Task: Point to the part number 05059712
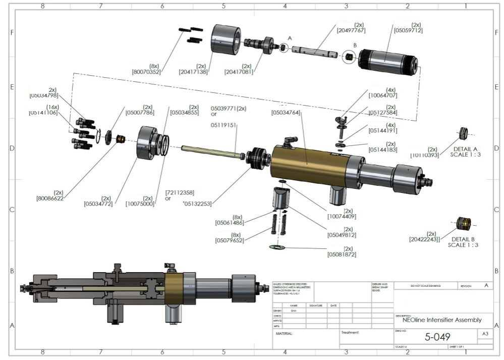click(408, 30)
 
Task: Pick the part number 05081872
click(342, 254)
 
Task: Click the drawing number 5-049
click(437, 337)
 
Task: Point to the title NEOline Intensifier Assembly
click(441, 320)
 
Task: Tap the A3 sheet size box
click(485, 334)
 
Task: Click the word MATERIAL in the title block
click(284, 333)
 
